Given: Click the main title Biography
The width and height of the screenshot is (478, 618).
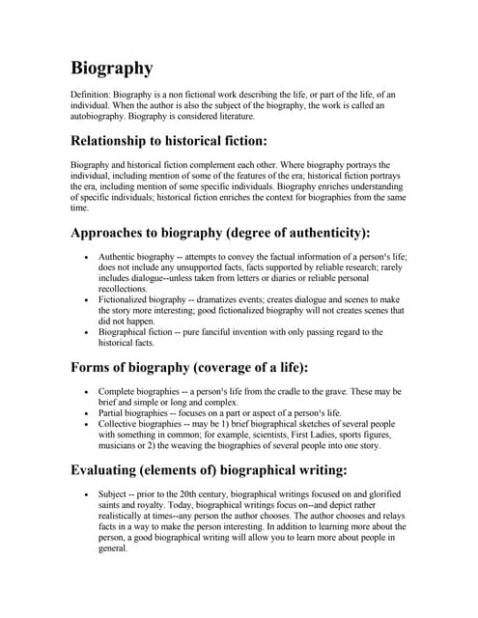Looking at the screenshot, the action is point(112,69).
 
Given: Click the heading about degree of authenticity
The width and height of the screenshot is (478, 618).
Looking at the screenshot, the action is point(220,233).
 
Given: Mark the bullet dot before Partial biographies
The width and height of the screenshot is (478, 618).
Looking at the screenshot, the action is point(88,413).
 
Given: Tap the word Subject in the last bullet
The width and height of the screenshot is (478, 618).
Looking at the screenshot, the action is point(115,496).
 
